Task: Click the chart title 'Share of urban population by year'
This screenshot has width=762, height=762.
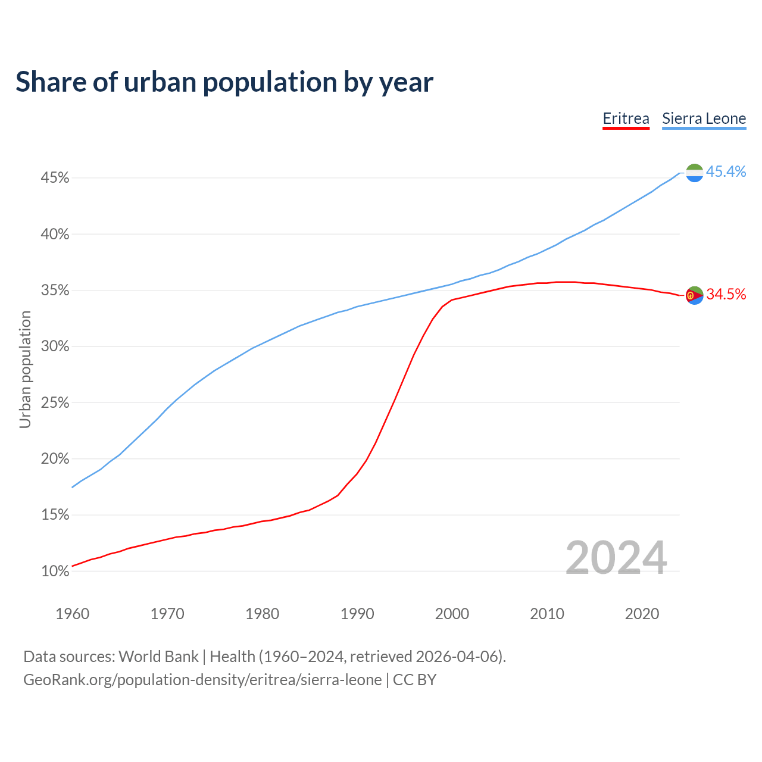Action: click(224, 82)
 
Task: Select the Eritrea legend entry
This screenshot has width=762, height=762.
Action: click(626, 118)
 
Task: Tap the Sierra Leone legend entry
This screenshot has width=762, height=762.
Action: click(704, 118)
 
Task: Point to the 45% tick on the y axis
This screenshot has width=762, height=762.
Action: click(55, 178)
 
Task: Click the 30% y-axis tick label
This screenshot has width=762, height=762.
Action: click(55, 346)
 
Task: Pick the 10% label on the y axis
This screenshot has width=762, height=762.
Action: click(55, 571)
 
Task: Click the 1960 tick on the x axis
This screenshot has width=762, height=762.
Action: click(72, 614)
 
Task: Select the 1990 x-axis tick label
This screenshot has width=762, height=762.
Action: click(357, 614)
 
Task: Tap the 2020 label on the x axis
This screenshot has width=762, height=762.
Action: click(642, 614)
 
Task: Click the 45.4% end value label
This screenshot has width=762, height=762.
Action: click(726, 172)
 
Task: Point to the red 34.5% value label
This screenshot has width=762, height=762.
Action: click(726, 294)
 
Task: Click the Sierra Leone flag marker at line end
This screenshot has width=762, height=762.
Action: click(694, 173)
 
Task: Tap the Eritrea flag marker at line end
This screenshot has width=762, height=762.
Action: click(694, 295)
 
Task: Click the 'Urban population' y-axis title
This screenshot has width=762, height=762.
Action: click(25, 370)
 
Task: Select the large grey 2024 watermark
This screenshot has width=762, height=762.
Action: click(616, 558)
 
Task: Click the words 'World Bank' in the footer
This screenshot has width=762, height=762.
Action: click(158, 657)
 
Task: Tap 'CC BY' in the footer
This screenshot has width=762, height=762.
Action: click(414, 680)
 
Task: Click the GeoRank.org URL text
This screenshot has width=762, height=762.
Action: click(202, 680)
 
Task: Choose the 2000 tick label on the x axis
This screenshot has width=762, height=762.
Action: click(452, 614)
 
